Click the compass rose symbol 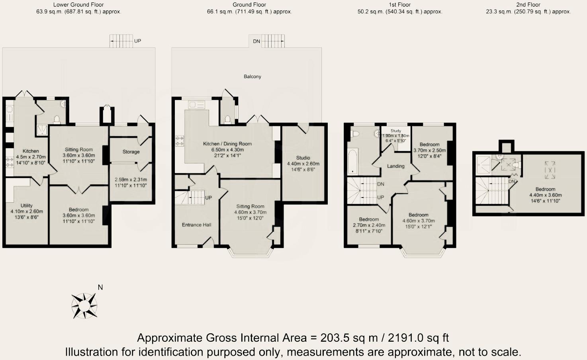point(84,306)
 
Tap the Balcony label point(252,76)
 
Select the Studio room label point(303,158)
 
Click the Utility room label point(26,205)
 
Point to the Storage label point(131,152)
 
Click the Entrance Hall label point(197,225)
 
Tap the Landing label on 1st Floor point(396,166)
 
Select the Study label point(396,131)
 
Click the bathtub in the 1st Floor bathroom point(352,162)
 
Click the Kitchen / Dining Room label point(227,144)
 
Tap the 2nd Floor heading point(528,5)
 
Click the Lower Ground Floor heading point(78,5)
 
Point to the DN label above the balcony point(256,41)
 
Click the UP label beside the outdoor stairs point(137,41)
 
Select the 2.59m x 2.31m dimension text point(131,180)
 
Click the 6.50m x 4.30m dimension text point(227,150)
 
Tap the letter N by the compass point(100,288)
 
